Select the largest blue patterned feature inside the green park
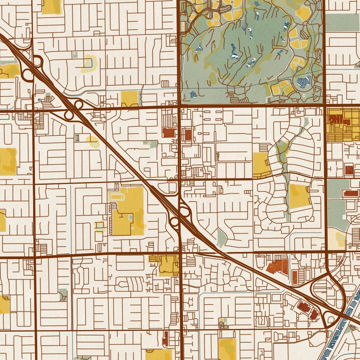tap(304, 82)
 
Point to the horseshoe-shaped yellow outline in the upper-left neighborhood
tap(88, 63)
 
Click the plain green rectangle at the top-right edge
tap(343, 22)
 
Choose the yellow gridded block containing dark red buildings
tap(343, 124)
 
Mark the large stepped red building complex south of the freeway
tap(278, 266)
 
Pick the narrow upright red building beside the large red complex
tap(295, 277)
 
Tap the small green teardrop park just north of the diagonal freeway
tap(221, 238)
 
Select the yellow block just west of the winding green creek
tap(261, 165)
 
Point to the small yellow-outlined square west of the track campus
tap(100, 226)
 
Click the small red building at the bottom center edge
tap(165, 338)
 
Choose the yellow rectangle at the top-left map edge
tap(51, 6)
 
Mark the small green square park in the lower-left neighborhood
tap(63, 294)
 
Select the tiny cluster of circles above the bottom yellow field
tap(222, 323)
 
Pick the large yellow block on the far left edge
tap(7, 161)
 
